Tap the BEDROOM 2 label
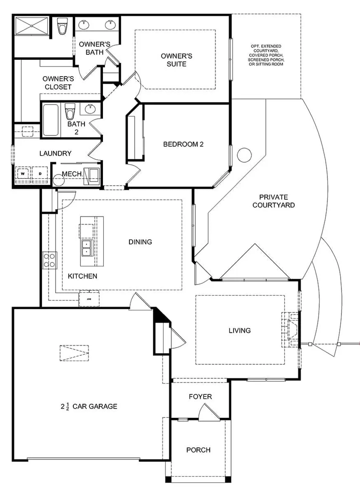(x=183, y=144)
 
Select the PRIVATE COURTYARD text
(x=276, y=201)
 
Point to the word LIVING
(x=239, y=330)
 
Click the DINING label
(x=140, y=242)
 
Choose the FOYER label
(x=200, y=396)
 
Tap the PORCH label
(x=198, y=450)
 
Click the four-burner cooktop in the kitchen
(x=49, y=260)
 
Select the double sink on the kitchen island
(x=87, y=248)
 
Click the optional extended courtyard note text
(x=266, y=55)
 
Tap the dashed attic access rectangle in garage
(x=74, y=353)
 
